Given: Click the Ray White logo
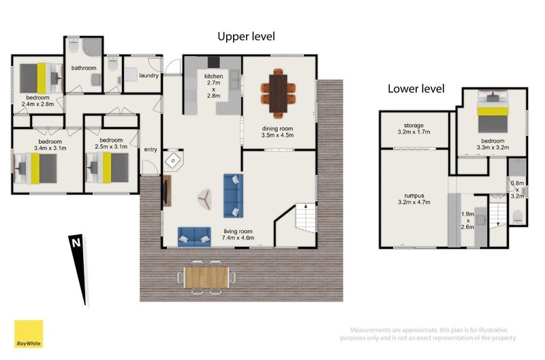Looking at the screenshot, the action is [29, 334].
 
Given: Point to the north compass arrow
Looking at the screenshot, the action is [79, 268].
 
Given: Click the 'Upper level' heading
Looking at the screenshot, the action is [246, 37].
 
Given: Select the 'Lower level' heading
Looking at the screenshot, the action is [416, 89].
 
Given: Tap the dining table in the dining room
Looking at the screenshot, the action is [278, 93].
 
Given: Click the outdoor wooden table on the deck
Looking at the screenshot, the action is [206, 277].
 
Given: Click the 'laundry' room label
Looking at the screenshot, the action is [149, 76].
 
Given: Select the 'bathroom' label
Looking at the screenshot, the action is [84, 67].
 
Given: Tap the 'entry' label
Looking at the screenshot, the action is [151, 149].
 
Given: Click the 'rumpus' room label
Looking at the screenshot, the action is [414, 196].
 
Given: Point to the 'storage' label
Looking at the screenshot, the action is [414, 125].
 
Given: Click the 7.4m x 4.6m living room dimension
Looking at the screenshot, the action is [238, 238].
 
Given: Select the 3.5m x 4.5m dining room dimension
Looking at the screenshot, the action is [277, 135].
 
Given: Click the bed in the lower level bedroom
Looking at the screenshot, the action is [493, 111].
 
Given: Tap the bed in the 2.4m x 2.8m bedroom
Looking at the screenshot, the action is [41, 78].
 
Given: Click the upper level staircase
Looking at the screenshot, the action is [306, 218].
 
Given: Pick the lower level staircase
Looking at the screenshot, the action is [498, 211].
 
